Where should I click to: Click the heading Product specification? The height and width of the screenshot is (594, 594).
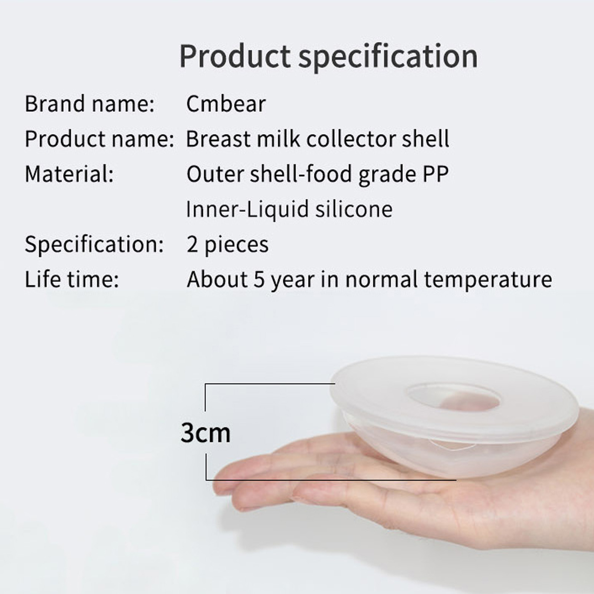tap(328, 57)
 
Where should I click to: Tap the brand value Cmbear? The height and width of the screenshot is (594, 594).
tap(226, 104)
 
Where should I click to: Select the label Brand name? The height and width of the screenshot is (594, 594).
tap(89, 104)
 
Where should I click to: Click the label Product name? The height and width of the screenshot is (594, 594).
tap(99, 139)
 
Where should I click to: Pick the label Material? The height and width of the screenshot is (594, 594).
tap(69, 174)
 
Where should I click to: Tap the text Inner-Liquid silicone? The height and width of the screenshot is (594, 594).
tap(289, 209)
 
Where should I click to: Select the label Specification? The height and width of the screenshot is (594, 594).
tap(94, 244)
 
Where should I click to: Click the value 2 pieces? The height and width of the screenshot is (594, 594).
tap(227, 245)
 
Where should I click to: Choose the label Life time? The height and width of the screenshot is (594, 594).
tap(72, 279)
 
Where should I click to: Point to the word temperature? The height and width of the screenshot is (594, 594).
tap(488, 279)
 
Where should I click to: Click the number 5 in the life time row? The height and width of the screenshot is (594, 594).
tap(259, 279)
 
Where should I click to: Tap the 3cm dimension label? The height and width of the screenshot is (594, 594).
tap(205, 433)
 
